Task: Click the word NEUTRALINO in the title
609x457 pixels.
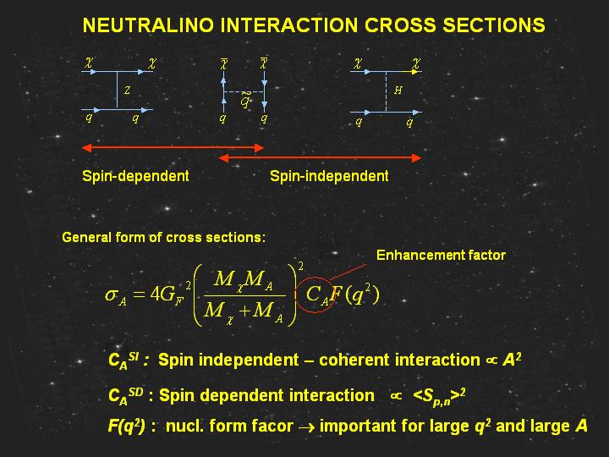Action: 148,25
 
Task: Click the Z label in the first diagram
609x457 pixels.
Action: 127,91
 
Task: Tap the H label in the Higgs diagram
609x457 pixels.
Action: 398,91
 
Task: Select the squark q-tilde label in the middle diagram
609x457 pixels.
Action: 245,100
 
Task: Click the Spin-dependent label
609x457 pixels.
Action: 135,176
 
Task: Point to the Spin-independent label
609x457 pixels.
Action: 329,176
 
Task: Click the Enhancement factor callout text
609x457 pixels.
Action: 441,255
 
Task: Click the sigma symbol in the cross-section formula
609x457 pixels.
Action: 111,295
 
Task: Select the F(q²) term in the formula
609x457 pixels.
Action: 354,295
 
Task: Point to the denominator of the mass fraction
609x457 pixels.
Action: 244,312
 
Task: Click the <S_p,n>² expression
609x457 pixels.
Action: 439,396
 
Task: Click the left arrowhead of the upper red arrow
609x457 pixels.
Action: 86,147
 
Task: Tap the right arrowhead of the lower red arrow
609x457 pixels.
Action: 416,157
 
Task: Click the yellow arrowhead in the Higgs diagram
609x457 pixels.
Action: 415,72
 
